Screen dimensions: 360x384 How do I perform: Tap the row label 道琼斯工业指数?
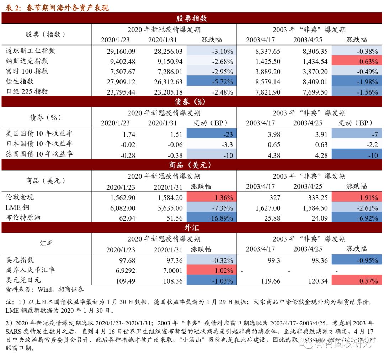click(x=31, y=51)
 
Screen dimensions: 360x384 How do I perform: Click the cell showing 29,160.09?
click(x=121, y=52)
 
